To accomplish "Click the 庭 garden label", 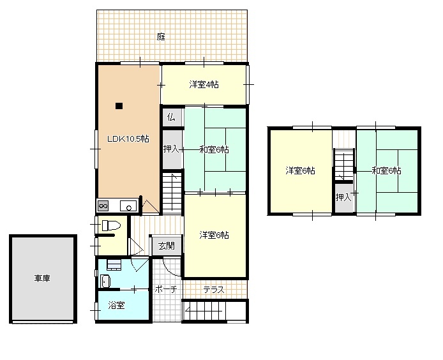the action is [161, 37].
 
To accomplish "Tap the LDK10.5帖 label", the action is [128, 139].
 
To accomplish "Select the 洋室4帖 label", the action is [204, 84].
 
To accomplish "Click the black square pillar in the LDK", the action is [119, 106].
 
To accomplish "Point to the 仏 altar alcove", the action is [172, 117].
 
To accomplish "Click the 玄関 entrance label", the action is [167, 246].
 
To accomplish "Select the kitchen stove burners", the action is [103, 206].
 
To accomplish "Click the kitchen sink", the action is [128, 206].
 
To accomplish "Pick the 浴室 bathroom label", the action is [116, 306].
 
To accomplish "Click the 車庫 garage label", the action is [42, 278].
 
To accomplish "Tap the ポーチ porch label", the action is [166, 289].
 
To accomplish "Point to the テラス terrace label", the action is [214, 290].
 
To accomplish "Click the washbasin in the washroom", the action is [105, 281].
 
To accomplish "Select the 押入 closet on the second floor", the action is [344, 198].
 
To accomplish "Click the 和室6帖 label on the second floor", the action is [386, 170].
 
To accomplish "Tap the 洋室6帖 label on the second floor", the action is [300, 170].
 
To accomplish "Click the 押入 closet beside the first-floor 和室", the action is [172, 149].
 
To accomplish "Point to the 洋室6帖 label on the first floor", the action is [214, 235].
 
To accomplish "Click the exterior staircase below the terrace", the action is [204, 311].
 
